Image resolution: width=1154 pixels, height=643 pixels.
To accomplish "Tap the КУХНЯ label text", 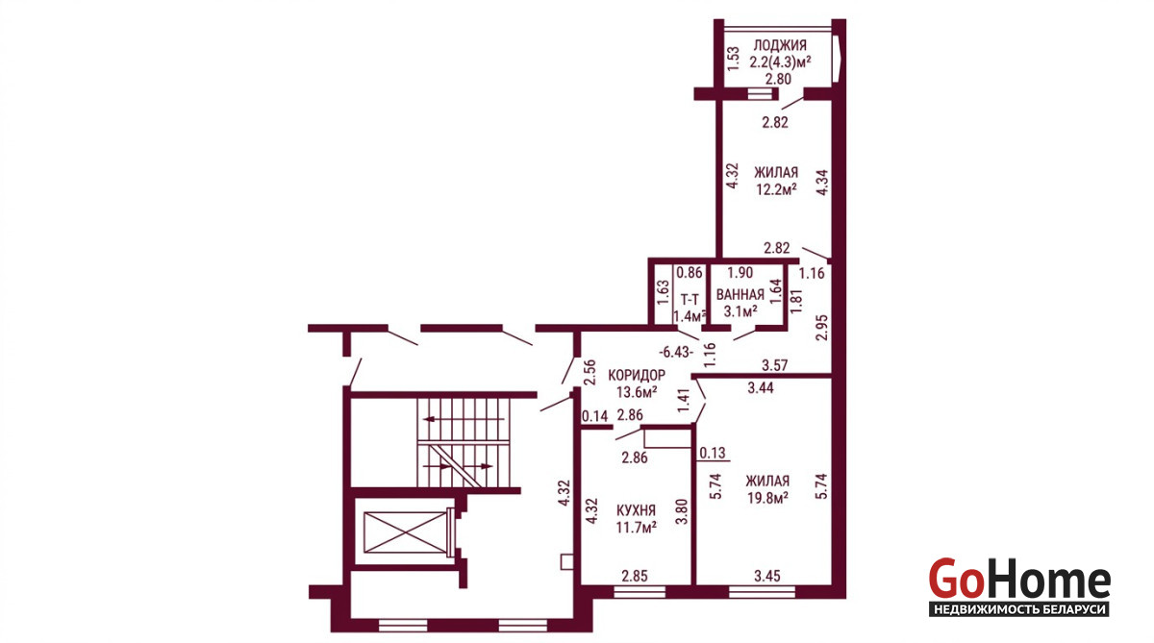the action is click(637, 510).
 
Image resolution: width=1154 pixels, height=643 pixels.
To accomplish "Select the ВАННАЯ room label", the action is click(740, 295).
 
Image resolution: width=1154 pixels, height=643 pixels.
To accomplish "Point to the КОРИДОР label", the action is click(637, 375).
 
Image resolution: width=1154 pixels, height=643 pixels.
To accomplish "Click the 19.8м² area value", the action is click(767, 498).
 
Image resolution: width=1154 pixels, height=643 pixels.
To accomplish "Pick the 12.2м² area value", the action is click(776, 189).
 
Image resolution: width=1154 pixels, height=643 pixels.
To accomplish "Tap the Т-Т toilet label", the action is click(690, 299).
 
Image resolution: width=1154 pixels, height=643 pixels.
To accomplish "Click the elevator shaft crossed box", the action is click(405, 532).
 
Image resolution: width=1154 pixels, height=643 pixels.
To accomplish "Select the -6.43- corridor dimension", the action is click(676, 352).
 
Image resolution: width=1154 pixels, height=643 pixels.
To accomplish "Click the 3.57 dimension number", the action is click(775, 365).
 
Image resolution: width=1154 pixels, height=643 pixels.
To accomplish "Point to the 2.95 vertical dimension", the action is click(821, 328).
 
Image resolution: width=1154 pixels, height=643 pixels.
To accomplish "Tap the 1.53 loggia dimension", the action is click(733, 60).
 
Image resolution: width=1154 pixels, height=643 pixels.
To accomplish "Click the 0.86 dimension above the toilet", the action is click(690, 273).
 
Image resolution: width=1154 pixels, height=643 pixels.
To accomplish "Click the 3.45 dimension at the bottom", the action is click(767, 576).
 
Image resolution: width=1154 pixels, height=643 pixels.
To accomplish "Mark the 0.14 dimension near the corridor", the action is click(595, 416).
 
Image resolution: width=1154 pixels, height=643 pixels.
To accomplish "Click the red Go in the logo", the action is click(957, 579).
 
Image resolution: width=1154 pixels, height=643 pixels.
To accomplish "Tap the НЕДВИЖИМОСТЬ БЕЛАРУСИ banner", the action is click(1019, 609).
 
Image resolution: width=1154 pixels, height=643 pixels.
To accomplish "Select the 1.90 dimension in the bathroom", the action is click(740, 272).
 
